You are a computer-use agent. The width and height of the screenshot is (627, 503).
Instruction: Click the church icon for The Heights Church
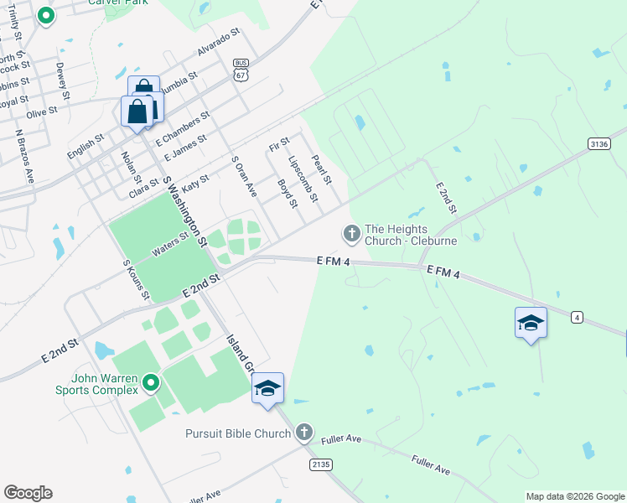[352, 233]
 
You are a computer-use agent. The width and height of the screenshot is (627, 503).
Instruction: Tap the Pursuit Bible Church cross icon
[303, 433]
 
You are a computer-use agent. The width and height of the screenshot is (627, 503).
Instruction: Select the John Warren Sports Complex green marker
[151, 384]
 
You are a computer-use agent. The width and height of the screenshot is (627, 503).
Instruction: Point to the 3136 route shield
[599, 144]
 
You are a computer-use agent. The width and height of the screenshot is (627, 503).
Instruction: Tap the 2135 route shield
[319, 464]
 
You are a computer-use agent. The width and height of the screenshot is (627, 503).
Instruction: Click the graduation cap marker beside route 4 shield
[531, 323]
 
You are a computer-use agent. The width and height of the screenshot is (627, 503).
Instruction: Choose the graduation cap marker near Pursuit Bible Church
[267, 388]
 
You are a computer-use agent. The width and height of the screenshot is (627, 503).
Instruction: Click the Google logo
[28, 493]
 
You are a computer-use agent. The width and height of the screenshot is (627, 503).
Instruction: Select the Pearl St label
[322, 169]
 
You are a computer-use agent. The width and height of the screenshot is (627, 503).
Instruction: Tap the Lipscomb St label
[303, 179]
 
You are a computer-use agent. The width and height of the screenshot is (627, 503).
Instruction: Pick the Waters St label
[170, 246]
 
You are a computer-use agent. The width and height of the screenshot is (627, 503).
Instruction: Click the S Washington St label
[184, 211]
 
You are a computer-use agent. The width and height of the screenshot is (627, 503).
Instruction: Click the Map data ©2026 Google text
[575, 496]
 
